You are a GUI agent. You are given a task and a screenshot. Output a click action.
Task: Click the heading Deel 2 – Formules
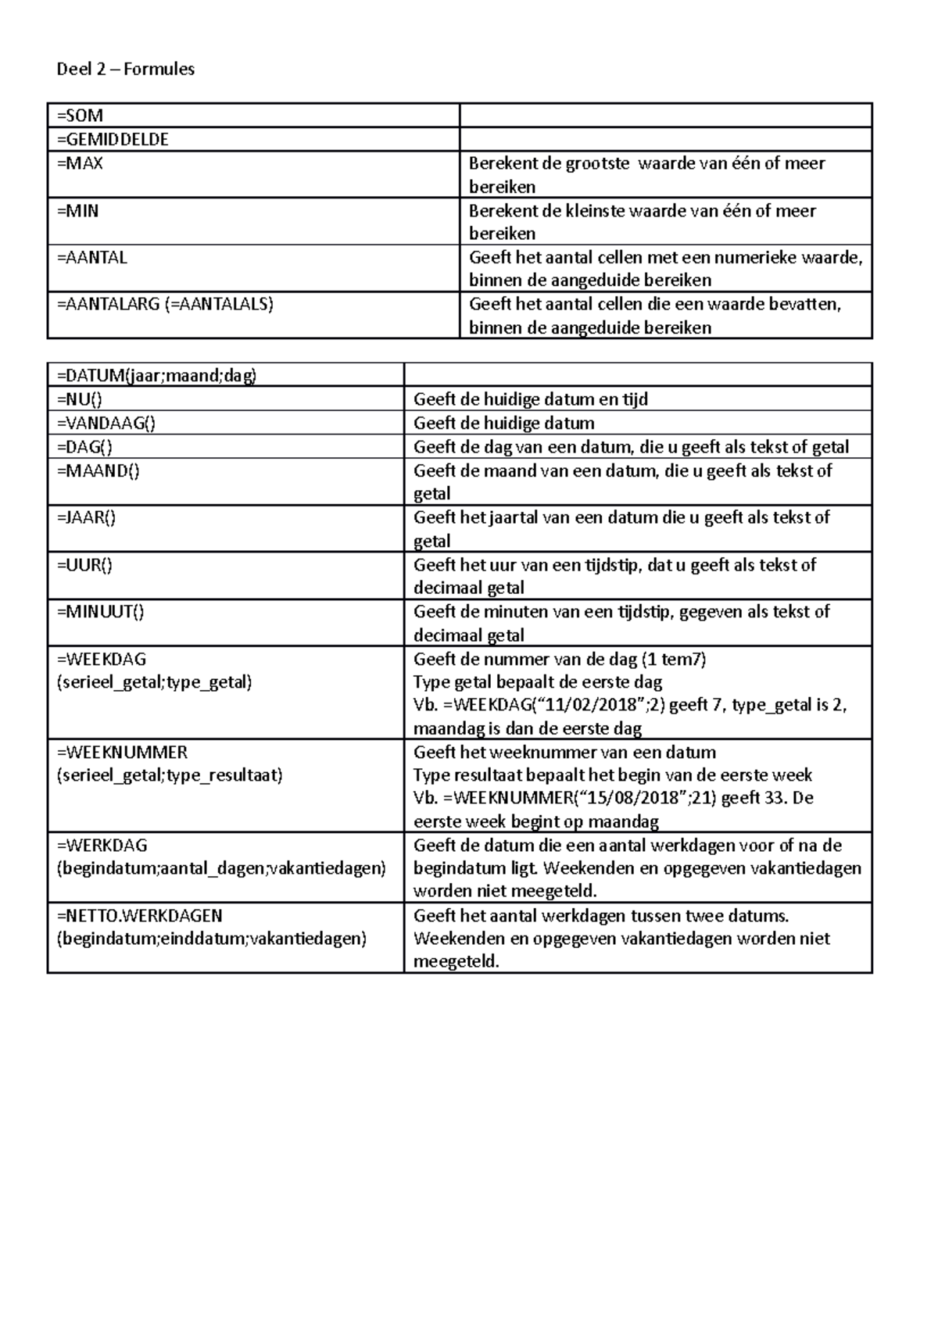125,69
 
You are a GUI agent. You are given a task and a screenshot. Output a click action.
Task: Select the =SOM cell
80,116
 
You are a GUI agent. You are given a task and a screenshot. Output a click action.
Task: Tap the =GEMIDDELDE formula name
113,139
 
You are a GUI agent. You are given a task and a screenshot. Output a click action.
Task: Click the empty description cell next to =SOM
664,116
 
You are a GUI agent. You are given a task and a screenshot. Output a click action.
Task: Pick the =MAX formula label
80,163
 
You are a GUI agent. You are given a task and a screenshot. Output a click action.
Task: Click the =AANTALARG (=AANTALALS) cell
165,304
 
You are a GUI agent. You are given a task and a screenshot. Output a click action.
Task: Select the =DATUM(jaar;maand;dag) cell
156,376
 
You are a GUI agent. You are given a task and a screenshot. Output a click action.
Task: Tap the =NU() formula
79,399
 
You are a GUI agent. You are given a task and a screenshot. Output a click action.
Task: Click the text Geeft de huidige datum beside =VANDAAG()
503,424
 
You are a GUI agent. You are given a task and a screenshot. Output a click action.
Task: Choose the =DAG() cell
84,447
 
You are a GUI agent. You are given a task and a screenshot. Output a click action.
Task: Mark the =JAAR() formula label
86,517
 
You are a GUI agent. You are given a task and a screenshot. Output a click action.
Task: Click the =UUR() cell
84,564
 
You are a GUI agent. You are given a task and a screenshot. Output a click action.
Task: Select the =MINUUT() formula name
100,611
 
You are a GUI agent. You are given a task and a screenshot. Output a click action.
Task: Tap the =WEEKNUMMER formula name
122,752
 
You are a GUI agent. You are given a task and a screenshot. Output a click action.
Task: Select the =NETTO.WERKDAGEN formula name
139,915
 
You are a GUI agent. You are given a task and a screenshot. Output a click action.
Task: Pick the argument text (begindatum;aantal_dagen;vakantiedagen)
221,868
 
